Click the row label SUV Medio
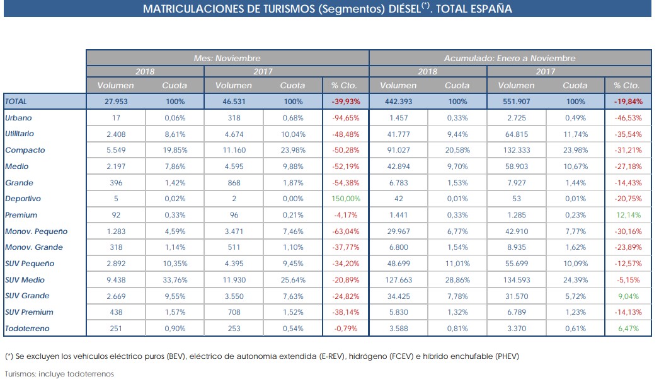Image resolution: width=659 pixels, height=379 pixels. [25, 279]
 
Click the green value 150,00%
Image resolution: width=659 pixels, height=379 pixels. [345, 199]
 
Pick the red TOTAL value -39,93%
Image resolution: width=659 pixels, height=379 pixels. [345, 102]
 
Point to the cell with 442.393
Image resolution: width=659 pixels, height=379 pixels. [398, 102]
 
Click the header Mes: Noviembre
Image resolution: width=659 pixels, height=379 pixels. [227, 58]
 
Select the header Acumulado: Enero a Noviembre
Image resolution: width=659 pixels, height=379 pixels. [510, 58]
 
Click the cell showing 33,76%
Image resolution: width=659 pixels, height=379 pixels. [175, 279]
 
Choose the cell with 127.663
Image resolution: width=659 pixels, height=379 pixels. [398, 279]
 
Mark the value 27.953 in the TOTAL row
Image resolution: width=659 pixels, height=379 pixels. [116, 102]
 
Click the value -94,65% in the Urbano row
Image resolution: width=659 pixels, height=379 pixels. [345, 118]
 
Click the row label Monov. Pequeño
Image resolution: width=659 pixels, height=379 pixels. [36, 231]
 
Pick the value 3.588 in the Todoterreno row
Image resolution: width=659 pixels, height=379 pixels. [398, 329]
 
